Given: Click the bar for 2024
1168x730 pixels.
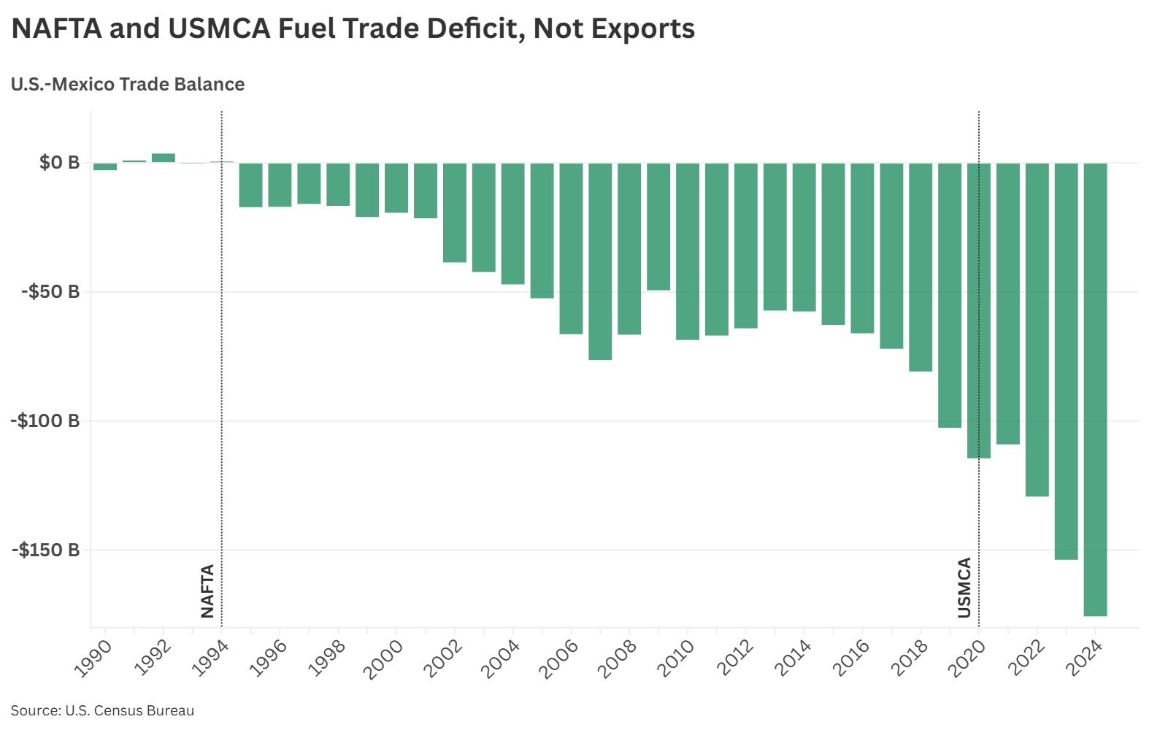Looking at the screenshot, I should (x=1095, y=389).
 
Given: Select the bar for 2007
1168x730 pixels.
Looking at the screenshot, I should (x=600, y=261).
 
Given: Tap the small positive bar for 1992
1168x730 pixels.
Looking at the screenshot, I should (x=164, y=158).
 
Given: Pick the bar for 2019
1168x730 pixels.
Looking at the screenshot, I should (x=950, y=295).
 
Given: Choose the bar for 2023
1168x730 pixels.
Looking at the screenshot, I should (x=1066, y=361).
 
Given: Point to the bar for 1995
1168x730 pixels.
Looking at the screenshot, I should (x=250, y=185).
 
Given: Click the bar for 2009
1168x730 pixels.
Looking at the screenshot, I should (x=658, y=226).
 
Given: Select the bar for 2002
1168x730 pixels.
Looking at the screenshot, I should (x=455, y=212).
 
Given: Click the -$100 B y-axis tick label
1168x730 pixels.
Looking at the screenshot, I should (x=45, y=421).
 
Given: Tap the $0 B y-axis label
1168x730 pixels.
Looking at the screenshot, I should (x=60, y=163).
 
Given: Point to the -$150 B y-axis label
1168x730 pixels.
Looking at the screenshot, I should (x=45, y=550).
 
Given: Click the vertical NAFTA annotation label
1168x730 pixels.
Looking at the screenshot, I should (x=208, y=591).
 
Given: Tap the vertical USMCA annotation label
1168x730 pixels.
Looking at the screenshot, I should (x=964, y=587).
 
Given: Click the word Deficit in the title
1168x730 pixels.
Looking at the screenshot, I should (x=473, y=29).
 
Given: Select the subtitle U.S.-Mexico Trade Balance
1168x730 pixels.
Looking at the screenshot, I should (x=128, y=85).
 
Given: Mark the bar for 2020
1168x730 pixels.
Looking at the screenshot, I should (x=979, y=310).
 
